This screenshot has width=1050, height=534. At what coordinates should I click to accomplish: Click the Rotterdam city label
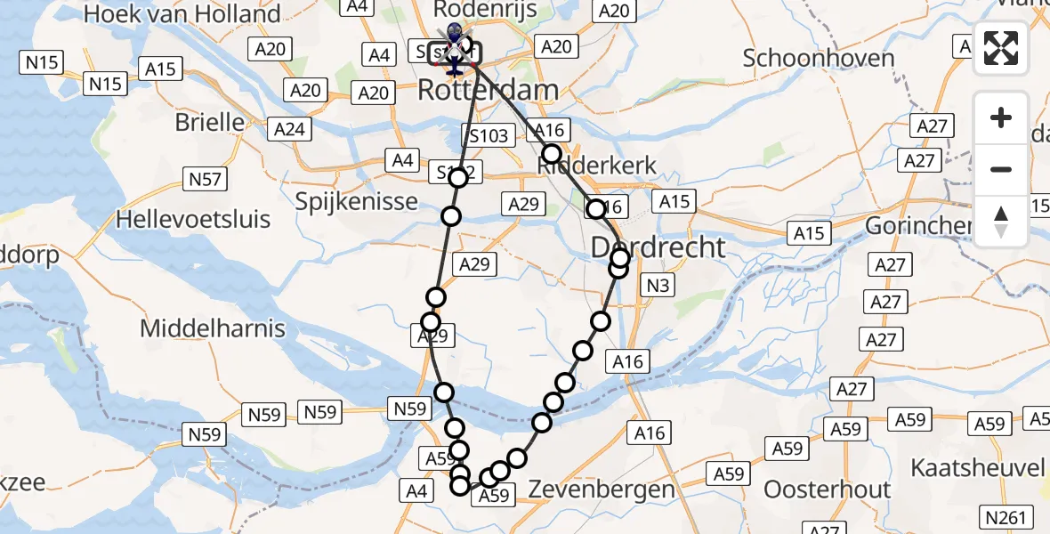coord(489,90)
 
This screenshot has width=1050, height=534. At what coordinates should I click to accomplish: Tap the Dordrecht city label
coord(659,247)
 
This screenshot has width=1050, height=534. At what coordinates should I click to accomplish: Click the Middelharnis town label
coord(213,328)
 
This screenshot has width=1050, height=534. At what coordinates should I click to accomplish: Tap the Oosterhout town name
coord(828,489)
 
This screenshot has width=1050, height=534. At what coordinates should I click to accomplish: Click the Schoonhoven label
coord(819,59)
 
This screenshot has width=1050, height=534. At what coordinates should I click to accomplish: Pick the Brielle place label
coord(210,122)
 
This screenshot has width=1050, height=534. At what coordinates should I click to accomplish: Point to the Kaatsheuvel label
coord(977,468)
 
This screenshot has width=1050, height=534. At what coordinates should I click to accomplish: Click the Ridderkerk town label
coord(598,166)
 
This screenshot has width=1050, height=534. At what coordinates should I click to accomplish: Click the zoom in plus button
coord(1001,117)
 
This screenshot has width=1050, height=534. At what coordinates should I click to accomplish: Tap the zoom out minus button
coord(1001,169)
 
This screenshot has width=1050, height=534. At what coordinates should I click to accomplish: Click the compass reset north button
coord(1001,221)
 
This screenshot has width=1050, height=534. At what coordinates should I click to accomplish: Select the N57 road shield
coord(206,179)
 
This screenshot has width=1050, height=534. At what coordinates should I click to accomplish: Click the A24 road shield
coord(289,130)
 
